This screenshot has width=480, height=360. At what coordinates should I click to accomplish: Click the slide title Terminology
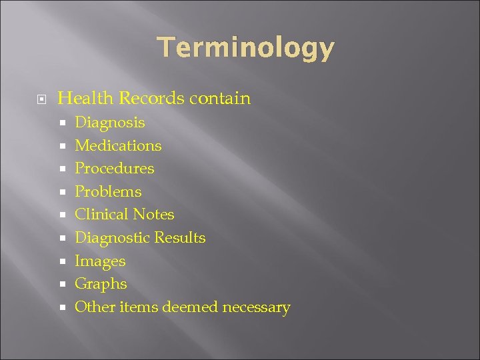coord(245,48)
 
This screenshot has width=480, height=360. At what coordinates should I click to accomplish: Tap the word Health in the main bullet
coord(86,99)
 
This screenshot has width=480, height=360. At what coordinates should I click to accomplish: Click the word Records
coord(151,99)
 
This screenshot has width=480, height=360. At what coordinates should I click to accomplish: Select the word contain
coord(220,99)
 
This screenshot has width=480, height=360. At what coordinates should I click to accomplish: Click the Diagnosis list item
coord(109,123)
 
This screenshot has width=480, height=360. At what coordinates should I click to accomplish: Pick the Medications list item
coord(118,145)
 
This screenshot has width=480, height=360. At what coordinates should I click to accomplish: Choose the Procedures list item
coord(114,169)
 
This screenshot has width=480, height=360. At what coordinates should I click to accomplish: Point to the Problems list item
coord(108,192)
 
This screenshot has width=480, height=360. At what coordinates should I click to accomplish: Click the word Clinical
coord(101,215)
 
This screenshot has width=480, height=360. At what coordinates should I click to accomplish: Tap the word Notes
coord(153,215)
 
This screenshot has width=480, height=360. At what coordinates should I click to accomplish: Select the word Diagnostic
coord(112,238)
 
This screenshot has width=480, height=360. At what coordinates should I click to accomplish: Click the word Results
coord(180,238)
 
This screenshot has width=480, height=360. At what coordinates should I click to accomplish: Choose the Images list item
coord(100,261)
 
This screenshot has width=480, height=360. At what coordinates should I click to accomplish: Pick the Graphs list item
coord(101,284)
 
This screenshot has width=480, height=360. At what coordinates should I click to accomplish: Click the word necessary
coord(256,308)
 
